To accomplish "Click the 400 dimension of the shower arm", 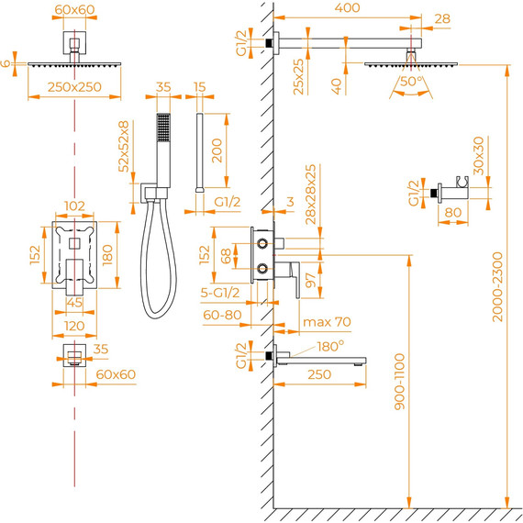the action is point(347,7).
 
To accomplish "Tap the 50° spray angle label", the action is point(412,81).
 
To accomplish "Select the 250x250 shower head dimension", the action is point(74,87).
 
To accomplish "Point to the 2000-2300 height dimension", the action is point(497,287).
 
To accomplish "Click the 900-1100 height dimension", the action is point(399,382).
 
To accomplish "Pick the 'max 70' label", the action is point(327,322).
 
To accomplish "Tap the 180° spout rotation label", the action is point(330,347).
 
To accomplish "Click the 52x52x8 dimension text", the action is point(124,147).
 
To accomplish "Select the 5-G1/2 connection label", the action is point(220,293).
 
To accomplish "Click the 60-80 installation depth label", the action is point(222,315).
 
